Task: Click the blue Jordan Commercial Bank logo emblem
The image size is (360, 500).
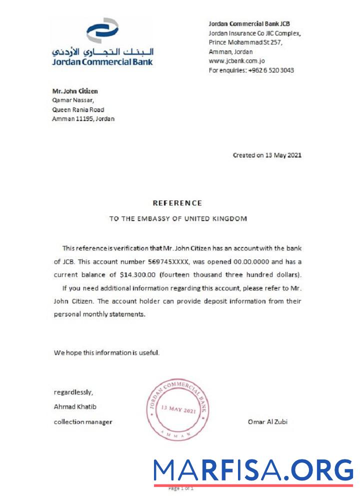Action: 102,30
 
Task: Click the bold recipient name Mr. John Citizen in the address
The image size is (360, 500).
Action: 75,91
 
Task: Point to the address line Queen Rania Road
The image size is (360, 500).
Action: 78,109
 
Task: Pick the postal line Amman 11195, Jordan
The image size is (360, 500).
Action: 83,119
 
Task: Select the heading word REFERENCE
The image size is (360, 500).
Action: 177,203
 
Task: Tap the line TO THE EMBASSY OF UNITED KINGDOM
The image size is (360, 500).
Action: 178,218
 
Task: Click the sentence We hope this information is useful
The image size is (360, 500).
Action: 106,352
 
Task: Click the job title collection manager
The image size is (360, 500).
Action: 83,421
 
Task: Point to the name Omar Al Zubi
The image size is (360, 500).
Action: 267,421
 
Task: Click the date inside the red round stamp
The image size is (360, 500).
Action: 178,409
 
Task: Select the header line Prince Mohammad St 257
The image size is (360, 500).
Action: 245,42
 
